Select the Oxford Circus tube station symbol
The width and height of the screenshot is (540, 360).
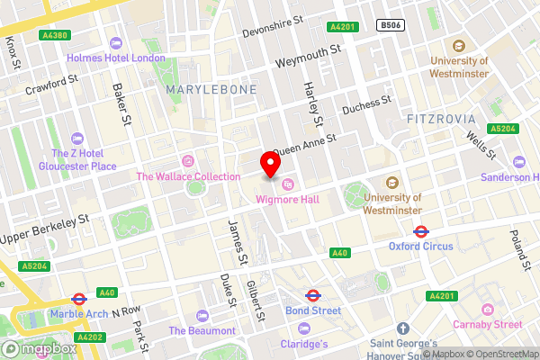[x=420, y=230]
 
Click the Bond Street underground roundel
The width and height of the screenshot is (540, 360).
[x=313, y=294]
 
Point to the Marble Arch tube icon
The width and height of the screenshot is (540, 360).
[x=79, y=299]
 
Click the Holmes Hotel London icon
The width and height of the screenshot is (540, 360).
[x=115, y=43]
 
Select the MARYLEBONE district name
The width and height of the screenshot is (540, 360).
[x=211, y=90]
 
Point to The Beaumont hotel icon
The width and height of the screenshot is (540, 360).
[x=202, y=315]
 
